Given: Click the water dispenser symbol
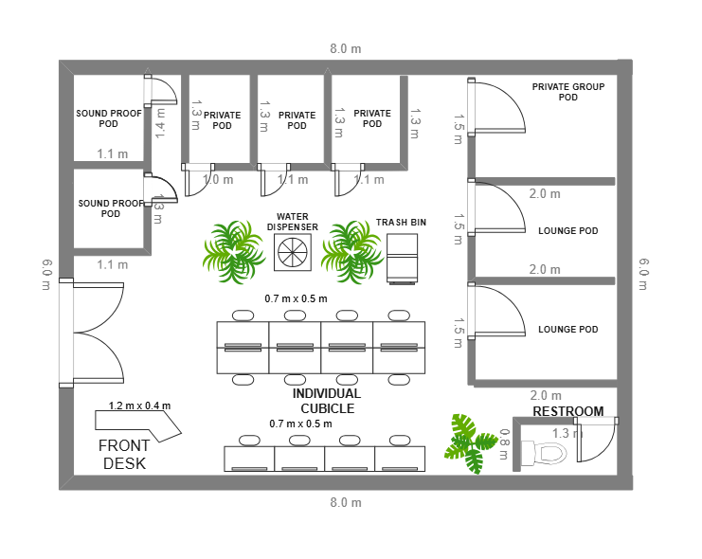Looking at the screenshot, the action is point(293,252).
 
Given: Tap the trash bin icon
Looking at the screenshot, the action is point(402,259).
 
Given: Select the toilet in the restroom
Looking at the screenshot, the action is point(544,452).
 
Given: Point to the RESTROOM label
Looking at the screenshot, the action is point(568,411).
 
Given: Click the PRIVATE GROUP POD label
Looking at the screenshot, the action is point(568,92).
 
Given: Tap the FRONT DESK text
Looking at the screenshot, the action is point(124,454).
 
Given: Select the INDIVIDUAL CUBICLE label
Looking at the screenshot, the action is point(327,401).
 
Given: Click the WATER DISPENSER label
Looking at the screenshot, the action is point(293,222).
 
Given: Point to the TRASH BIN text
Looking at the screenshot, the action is point(401,222).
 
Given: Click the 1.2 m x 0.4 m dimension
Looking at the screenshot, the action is point(139,406).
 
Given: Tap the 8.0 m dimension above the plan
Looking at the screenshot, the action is point(346,48).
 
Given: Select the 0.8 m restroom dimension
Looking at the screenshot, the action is point(504,444).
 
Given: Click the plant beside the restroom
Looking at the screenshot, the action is point(470,443).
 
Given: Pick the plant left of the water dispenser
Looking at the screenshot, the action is point(233,252).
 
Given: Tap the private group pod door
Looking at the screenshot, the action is point(496,106).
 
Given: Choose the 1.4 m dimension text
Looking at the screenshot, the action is point(160,123).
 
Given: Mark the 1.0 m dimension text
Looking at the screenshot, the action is point(218,180).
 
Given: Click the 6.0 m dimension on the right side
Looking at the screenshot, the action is point(643,274).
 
